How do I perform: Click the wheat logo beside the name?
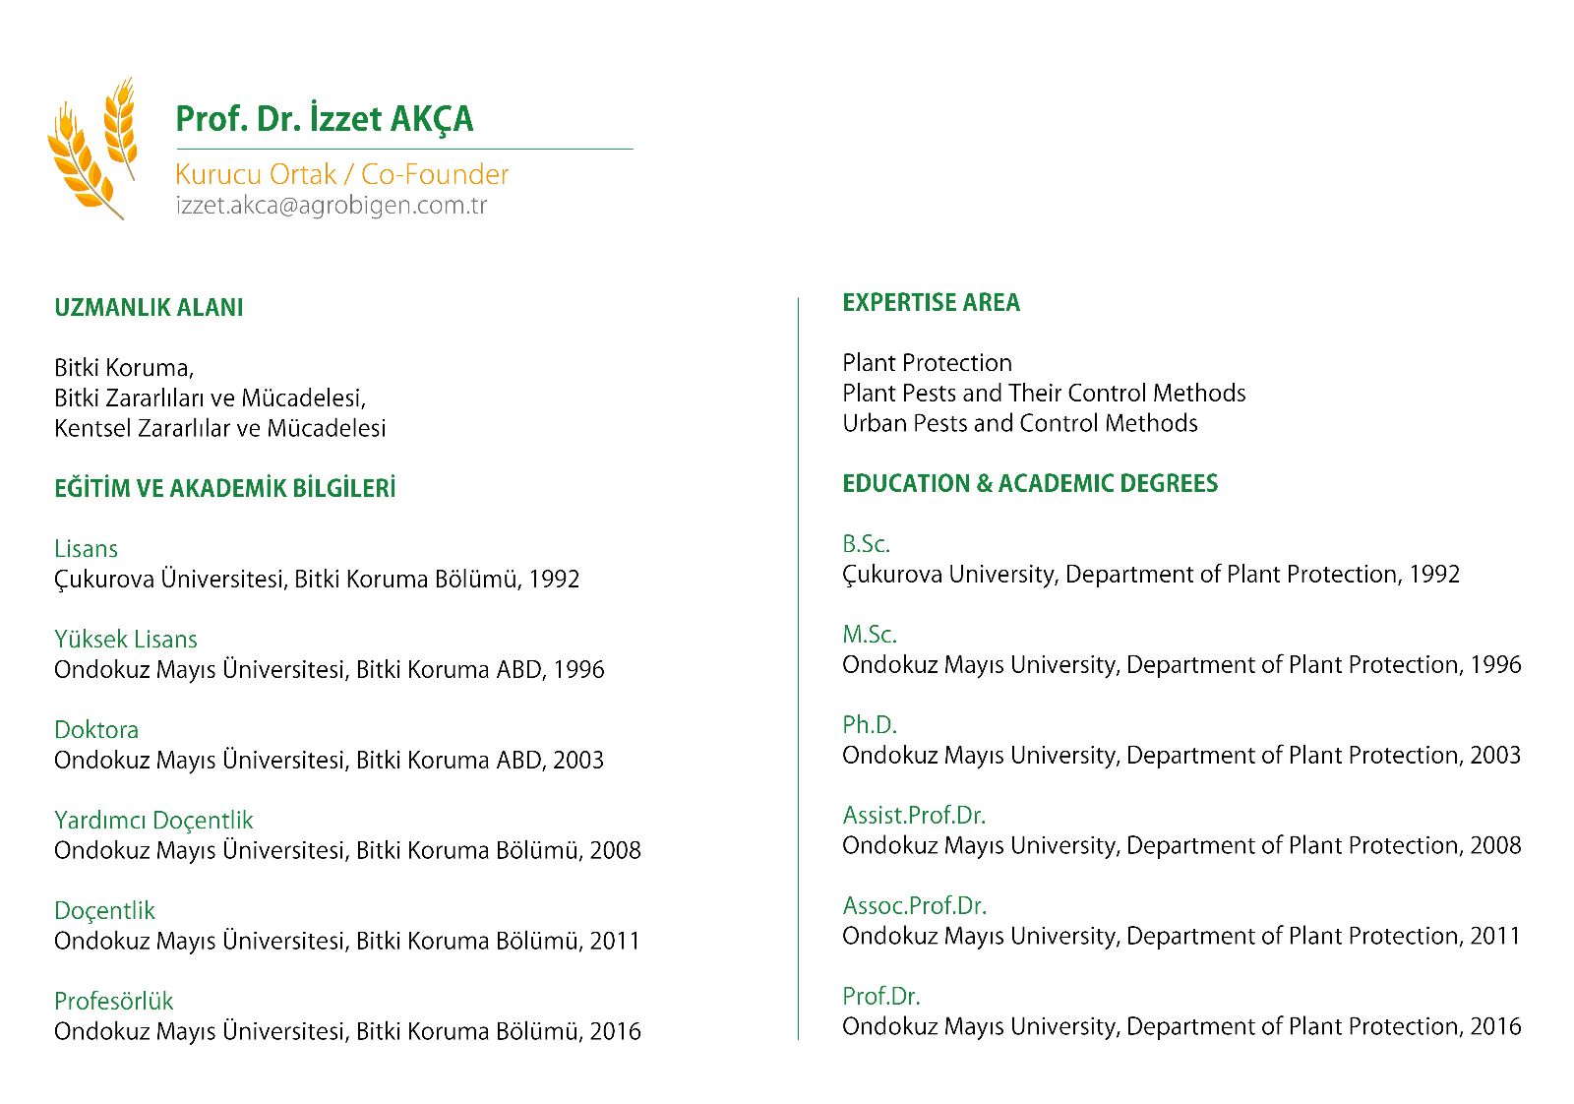click(x=91, y=150)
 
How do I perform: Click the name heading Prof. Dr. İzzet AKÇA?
click(x=324, y=119)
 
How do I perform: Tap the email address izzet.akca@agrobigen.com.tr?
click(x=331, y=206)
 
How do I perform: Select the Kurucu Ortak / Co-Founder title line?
click(x=341, y=174)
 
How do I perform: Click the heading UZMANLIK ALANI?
click(x=149, y=308)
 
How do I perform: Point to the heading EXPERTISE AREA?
click(x=931, y=303)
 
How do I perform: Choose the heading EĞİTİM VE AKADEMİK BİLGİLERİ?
click(x=224, y=489)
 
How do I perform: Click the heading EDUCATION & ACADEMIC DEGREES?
click(x=1030, y=484)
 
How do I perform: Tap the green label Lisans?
click(x=86, y=549)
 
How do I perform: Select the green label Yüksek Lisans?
click(x=125, y=640)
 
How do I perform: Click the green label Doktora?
click(x=96, y=730)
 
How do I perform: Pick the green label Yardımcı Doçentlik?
click(x=153, y=821)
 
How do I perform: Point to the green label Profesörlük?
click(x=113, y=1002)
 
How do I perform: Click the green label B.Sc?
click(x=866, y=544)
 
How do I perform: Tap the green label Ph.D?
click(x=870, y=725)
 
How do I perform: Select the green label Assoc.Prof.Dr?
click(x=914, y=906)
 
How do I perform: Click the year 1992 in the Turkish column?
click(x=554, y=580)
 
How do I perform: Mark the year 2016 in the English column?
click(x=1495, y=1027)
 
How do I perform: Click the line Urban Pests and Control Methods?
click(x=1019, y=424)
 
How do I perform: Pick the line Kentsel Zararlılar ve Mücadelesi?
click(x=219, y=429)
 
